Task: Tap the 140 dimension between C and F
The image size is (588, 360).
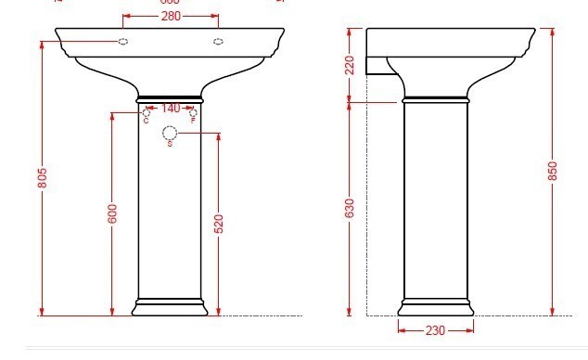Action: [x=171, y=109]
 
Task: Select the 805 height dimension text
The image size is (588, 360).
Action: [x=42, y=179]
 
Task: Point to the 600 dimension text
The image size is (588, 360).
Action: [x=112, y=212]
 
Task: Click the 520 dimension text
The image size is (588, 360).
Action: [x=219, y=225]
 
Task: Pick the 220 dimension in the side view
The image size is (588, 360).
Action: [x=350, y=64]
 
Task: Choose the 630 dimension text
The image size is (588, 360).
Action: [x=350, y=209]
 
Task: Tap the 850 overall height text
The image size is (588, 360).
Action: [x=554, y=172]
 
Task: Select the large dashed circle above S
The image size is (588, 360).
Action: [x=170, y=134]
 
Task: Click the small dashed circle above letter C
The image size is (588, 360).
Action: [x=146, y=114]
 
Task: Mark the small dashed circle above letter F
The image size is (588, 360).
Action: [x=193, y=114]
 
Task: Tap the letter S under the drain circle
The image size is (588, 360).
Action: [x=169, y=145]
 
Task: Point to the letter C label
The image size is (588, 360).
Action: [x=145, y=121]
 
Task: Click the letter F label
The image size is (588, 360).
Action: [x=193, y=121]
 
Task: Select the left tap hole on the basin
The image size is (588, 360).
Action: [x=122, y=42]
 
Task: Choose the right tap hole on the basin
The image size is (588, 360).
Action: [x=218, y=42]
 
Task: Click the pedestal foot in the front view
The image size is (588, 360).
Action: [x=170, y=307]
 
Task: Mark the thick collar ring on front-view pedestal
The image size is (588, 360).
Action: [x=170, y=97]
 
